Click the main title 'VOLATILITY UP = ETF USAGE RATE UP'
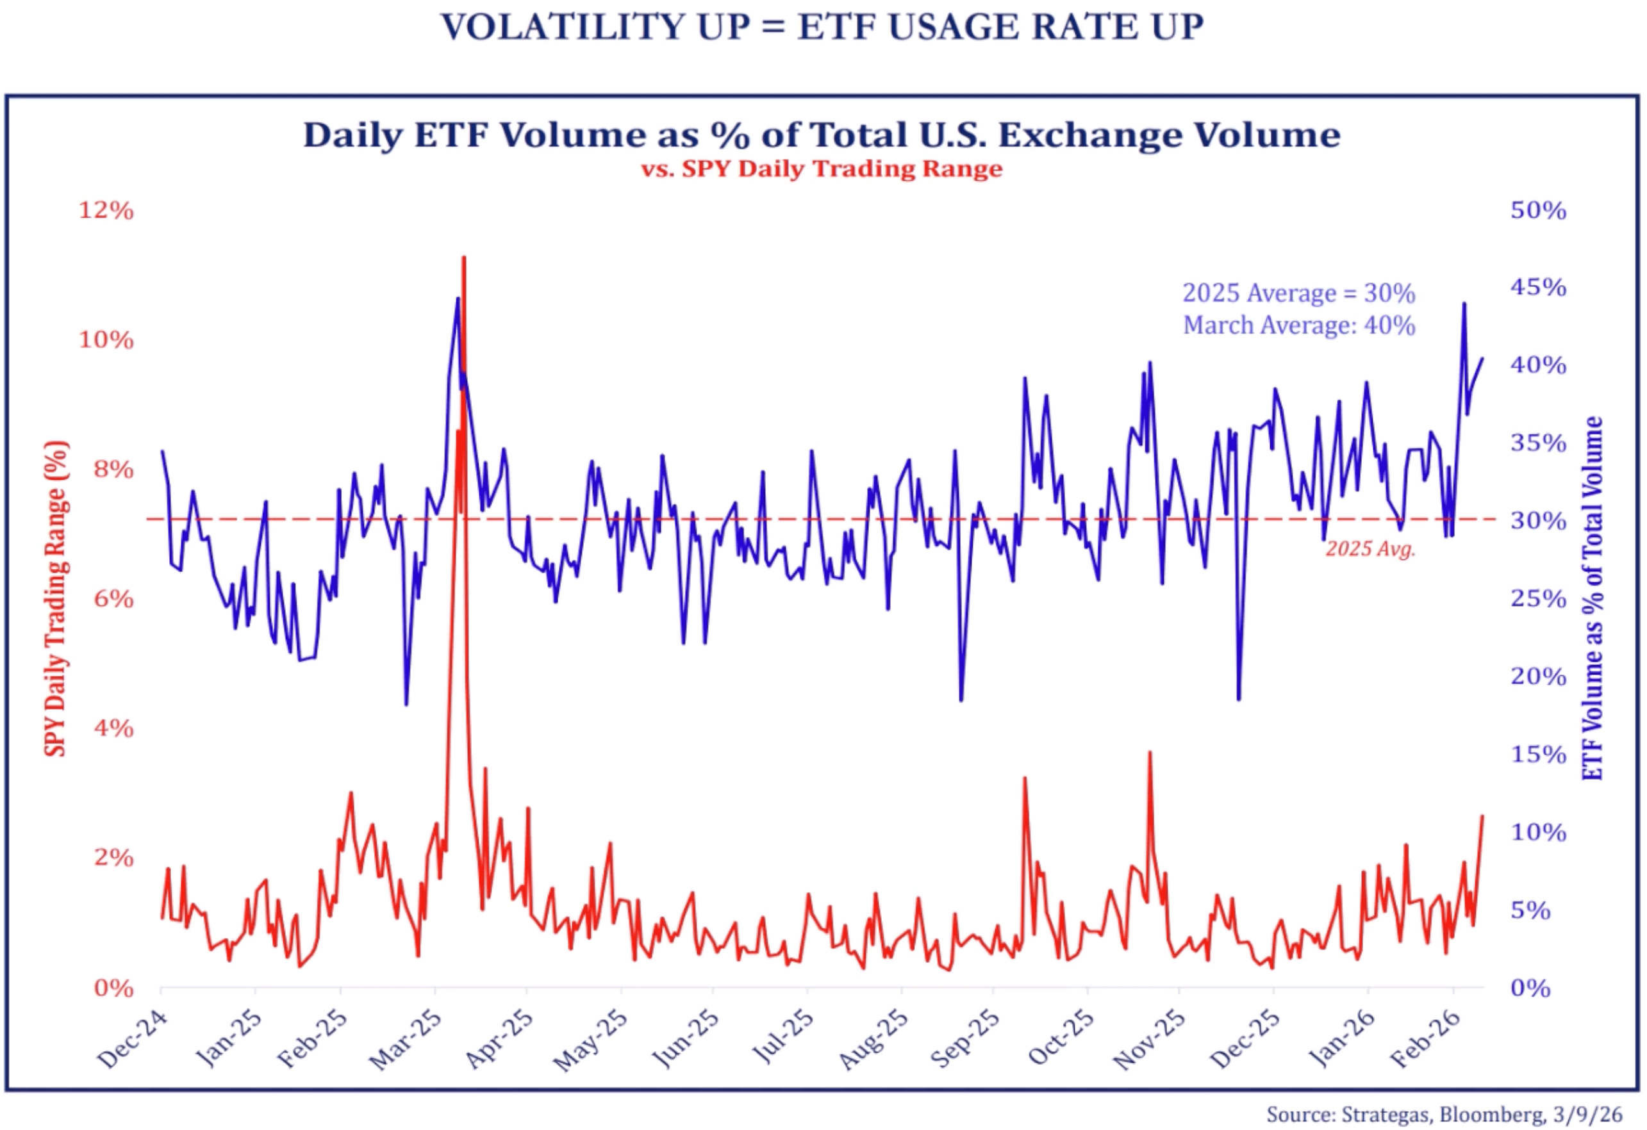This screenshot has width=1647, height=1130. [x=822, y=27]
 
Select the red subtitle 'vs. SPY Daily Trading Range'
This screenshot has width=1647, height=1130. [x=822, y=168]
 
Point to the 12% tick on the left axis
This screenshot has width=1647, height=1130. [x=106, y=210]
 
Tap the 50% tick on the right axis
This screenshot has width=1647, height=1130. [x=1537, y=210]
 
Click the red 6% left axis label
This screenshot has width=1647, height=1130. [x=113, y=600]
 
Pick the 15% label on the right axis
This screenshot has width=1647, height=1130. [x=1537, y=755]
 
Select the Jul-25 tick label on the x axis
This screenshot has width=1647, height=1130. [x=782, y=1038]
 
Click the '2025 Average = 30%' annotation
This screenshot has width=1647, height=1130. [x=1298, y=293]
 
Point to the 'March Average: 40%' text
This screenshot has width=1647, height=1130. [x=1298, y=326]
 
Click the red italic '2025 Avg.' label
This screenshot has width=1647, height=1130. [x=1370, y=549]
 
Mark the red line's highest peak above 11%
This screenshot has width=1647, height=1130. [x=463, y=259]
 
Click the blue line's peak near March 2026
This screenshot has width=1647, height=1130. [x=1464, y=305]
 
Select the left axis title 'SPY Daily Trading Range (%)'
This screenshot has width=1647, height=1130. [x=56, y=599]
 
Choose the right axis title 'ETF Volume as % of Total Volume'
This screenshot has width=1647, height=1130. [x=1593, y=599]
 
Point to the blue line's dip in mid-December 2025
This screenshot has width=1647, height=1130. [x=1239, y=698]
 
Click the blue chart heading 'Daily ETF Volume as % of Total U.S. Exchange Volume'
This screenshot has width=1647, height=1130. [x=822, y=135]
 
